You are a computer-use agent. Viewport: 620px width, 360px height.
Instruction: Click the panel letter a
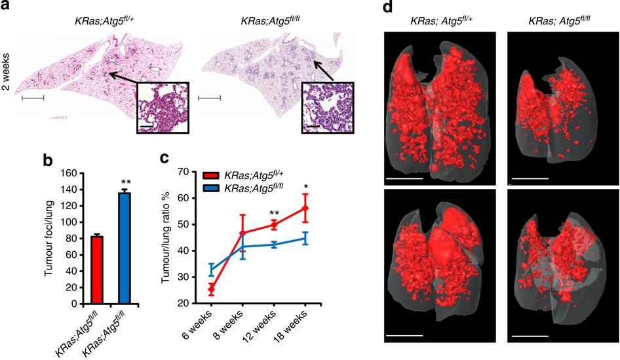pyautogui.click(x=7, y=7)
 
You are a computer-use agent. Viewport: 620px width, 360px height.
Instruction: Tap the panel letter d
pyautogui.click(x=387, y=7)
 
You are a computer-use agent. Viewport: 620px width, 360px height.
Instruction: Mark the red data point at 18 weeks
pyautogui.click(x=305, y=209)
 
